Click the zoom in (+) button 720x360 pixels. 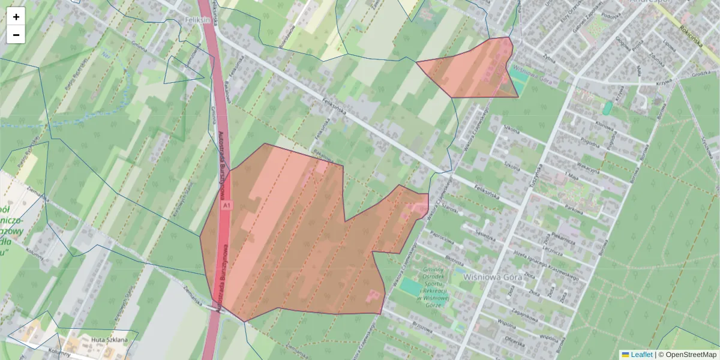pyautogui.click(x=16, y=17)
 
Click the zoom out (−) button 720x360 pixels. pyautogui.click(x=16, y=35)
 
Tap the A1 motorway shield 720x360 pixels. pyautogui.click(x=226, y=206)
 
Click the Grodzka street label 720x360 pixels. pyautogui.click(x=700, y=74)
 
